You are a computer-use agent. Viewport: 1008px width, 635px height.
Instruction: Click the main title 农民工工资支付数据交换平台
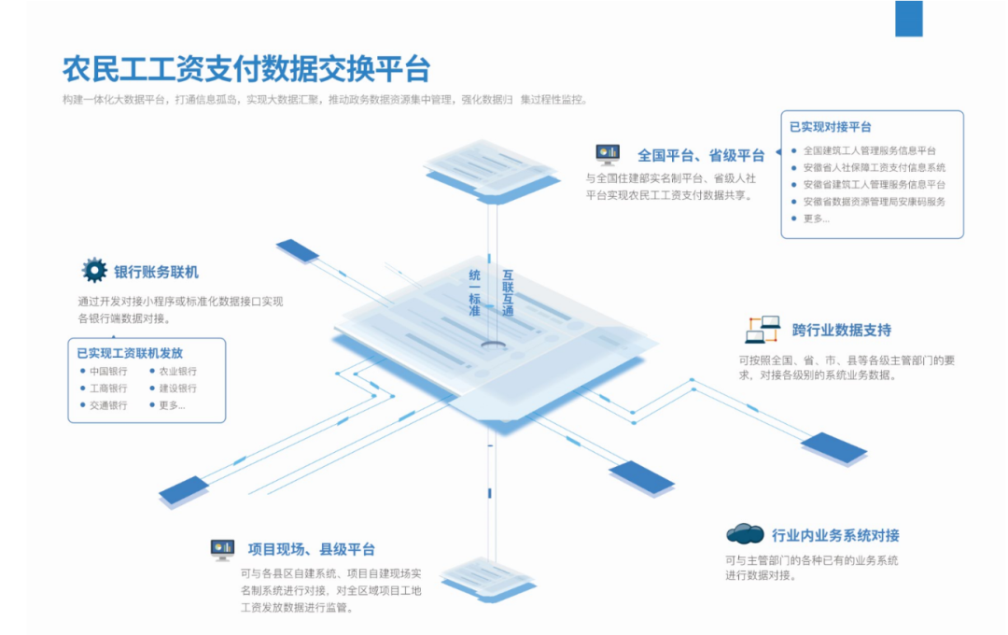coord(246,69)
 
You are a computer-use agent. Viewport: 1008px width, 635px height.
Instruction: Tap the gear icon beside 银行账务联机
coord(94,271)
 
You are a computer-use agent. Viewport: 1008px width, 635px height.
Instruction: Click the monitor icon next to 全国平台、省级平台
coord(608,153)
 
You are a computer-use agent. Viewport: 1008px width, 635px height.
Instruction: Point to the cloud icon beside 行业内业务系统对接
coord(745,533)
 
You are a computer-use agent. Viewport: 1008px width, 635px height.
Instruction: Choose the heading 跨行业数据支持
coord(841,330)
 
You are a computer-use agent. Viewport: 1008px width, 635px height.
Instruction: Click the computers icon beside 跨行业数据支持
coord(763,329)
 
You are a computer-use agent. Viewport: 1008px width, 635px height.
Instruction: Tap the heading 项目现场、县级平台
coord(312,549)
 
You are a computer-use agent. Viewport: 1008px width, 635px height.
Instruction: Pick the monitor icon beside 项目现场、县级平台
coord(222,549)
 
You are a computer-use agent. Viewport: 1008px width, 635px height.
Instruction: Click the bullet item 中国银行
coord(108,371)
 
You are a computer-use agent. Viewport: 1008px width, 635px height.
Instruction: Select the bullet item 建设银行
coord(177,388)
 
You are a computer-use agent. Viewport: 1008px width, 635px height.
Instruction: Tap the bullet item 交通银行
coord(108,405)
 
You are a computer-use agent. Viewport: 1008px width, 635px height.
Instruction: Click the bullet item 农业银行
coord(177,371)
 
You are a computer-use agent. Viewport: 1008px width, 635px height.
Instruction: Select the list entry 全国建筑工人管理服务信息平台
coord(869,150)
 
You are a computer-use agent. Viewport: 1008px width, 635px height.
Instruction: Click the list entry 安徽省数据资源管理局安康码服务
coord(874,202)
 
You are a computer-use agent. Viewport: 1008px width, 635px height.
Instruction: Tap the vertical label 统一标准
coord(475,291)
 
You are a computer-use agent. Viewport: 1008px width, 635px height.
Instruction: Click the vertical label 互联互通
coord(508,291)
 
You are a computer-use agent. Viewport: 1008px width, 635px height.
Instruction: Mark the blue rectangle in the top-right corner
coord(908,19)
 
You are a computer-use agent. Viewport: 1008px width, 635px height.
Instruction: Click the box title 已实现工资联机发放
coord(130,353)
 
